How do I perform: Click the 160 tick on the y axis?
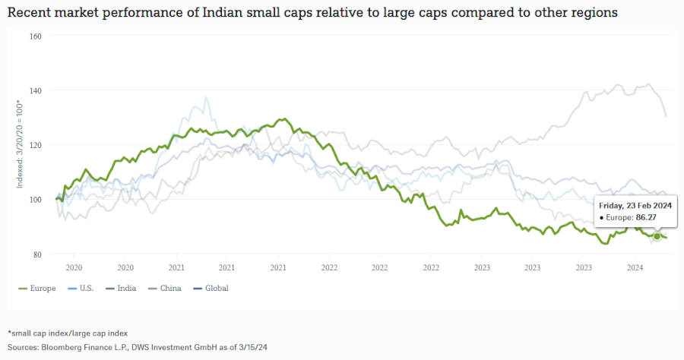(x=35, y=36)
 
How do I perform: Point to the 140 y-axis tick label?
(x=35, y=90)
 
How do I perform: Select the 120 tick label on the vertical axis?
(x=35, y=145)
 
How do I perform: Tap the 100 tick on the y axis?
(x=35, y=200)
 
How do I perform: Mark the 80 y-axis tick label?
(x=36, y=254)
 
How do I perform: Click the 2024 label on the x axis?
(x=635, y=267)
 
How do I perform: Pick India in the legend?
(x=128, y=289)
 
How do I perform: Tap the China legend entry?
(x=170, y=289)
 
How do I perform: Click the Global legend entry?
(x=216, y=289)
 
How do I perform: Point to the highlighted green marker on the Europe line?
(x=657, y=236)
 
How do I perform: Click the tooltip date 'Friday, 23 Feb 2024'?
(x=635, y=206)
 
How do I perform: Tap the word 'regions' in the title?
(x=594, y=13)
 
